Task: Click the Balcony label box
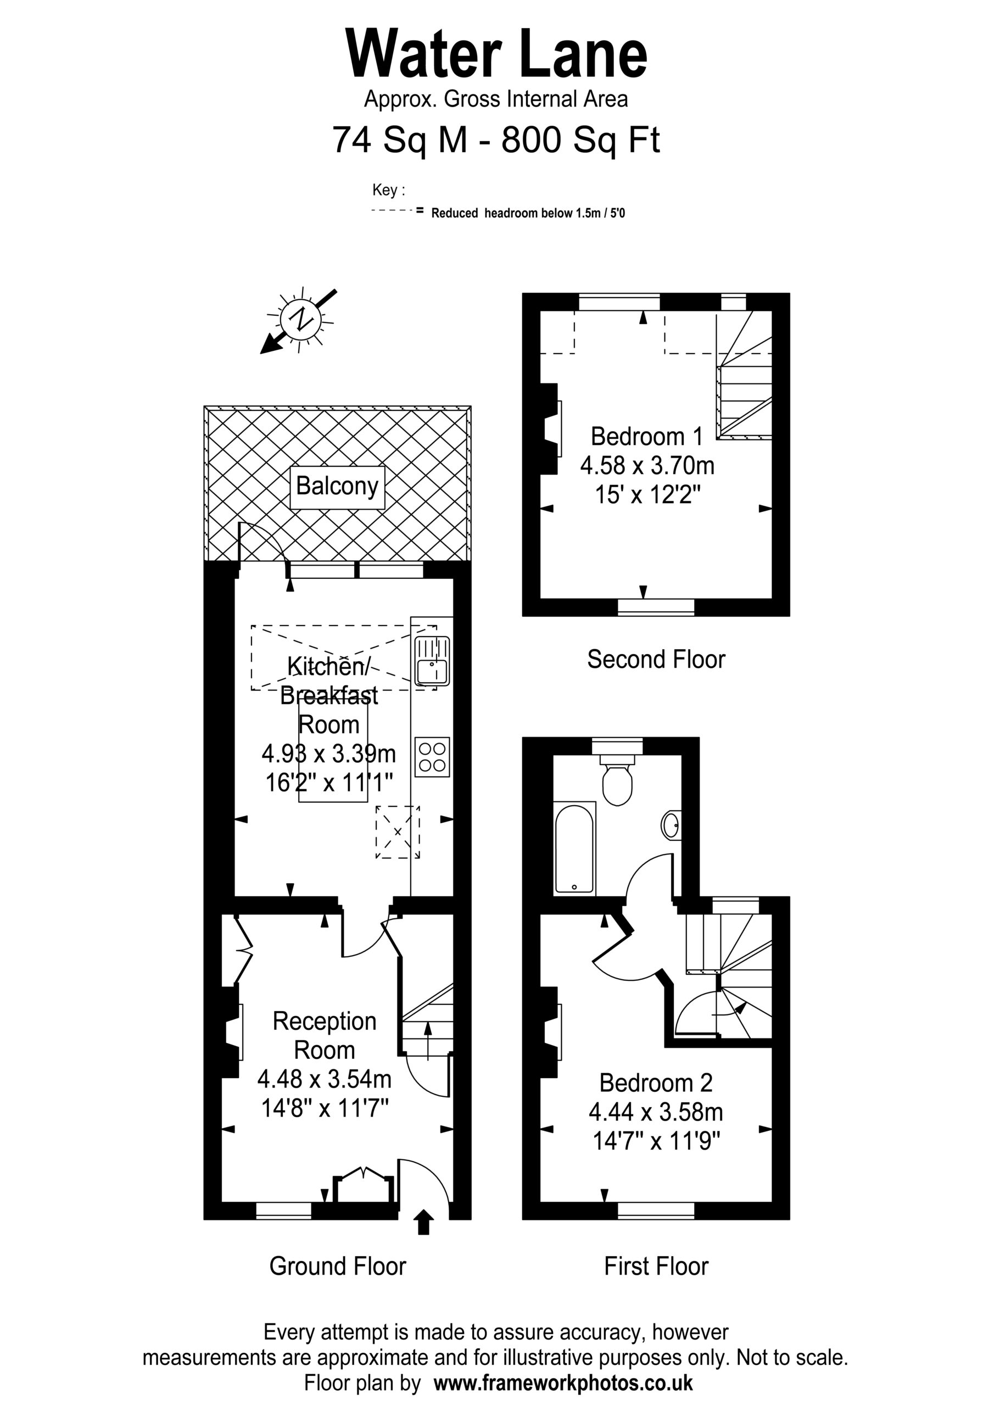(337, 488)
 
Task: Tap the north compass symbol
(299, 320)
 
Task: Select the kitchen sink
(432, 661)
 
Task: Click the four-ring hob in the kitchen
(432, 757)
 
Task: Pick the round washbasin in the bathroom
(671, 825)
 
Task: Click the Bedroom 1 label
(646, 436)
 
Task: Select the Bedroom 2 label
(656, 1083)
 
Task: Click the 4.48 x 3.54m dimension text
(325, 1079)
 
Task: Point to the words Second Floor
(656, 660)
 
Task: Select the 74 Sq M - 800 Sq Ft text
(496, 140)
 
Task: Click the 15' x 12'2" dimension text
(647, 494)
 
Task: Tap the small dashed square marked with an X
(398, 832)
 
